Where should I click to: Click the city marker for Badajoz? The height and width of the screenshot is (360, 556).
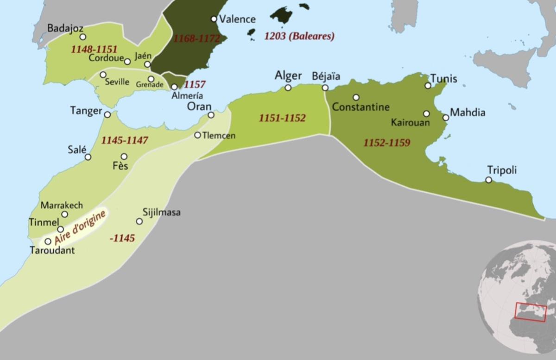tap(82, 37)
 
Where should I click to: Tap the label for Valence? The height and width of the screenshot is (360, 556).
tap(237, 19)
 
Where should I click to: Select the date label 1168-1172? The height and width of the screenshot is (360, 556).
tap(196, 38)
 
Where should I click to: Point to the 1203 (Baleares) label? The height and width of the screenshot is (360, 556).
tap(299, 36)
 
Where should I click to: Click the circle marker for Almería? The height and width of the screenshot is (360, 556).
tap(174, 87)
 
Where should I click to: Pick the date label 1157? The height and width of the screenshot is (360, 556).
tap(195, 85)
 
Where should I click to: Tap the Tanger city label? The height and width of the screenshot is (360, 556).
tap(86, 111)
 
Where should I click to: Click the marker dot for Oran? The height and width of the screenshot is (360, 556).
tap(211, 115)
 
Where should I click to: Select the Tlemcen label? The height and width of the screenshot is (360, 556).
tap(219, 136)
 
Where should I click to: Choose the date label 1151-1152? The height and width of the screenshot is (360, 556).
tap(282, 118)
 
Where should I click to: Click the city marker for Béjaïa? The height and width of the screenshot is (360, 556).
tap(325, 88)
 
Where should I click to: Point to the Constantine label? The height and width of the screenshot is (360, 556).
tap(361, 107)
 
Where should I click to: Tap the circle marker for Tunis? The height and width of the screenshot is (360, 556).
tap(428, 85)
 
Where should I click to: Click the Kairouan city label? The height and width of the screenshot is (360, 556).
tap(411, 123)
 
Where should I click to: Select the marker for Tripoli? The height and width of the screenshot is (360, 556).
tap(489, 180)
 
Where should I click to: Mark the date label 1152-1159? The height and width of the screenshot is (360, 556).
tap(387, 143)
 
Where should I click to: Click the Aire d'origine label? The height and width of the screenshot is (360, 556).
tap(80, 227)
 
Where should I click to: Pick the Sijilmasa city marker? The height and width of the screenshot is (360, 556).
tap(139, 221)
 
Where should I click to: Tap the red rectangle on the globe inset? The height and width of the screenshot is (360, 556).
tap(531, 311)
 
